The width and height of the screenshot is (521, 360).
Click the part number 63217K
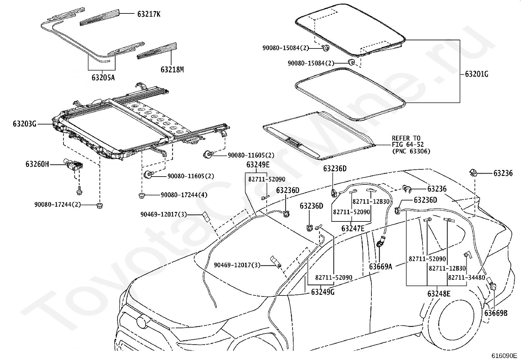click(149, 14)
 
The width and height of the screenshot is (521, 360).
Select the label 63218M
click(172, 69)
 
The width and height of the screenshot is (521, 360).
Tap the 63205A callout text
click(103, 77)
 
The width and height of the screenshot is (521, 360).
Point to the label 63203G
click(25, 123)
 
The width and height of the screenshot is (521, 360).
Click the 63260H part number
click(37, 164)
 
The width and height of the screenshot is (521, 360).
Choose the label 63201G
click(476, 74)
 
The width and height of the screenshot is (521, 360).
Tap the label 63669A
click(381, 266)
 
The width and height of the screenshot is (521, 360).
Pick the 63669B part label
click(496, 313)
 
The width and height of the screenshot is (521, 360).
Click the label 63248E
click(439, 294)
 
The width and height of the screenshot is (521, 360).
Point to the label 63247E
click(353, 228)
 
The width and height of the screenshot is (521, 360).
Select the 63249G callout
click(323, 292)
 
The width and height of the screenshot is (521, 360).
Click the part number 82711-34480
click(467, 277)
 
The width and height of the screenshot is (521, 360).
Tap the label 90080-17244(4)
click(184, 195)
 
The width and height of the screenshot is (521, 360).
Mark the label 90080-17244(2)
click(58, 205)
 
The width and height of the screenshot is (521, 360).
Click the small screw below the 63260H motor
click(79, 190)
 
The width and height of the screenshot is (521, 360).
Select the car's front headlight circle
click(141, 321)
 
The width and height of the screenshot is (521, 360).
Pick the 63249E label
click(258, 165)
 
